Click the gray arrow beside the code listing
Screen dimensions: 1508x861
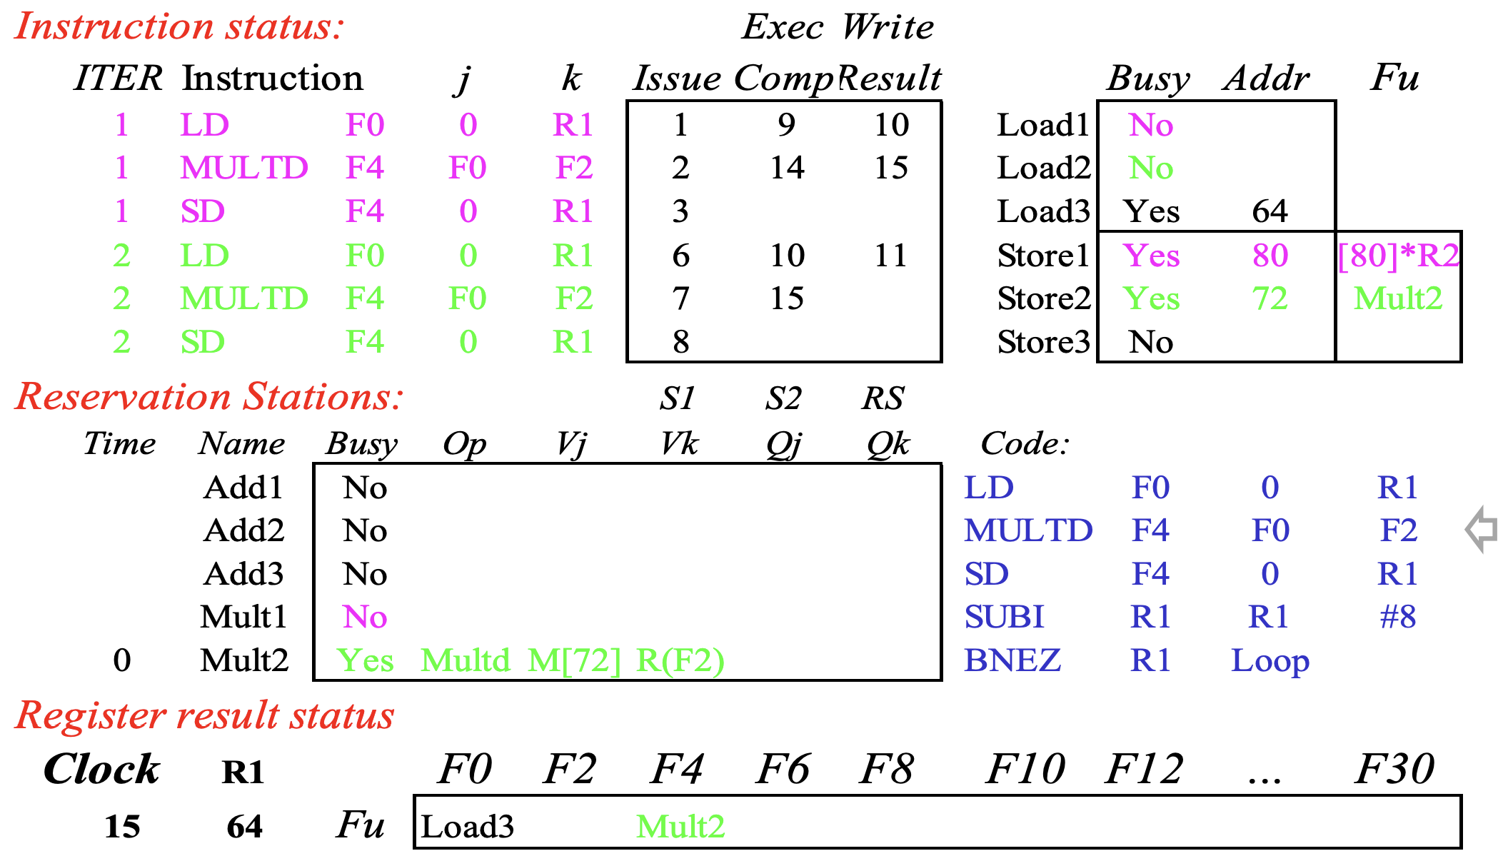point(1481,529)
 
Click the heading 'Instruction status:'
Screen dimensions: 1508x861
point(179,26)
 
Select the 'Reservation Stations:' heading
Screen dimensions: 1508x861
point(209,396)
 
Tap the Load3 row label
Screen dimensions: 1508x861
point(1043,211)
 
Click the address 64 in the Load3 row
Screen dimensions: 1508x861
point(1270,211)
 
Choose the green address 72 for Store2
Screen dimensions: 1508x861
point(1270,298)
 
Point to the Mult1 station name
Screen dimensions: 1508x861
point(243,617)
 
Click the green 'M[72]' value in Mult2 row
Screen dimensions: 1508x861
point(574,660)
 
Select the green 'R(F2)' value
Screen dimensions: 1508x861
point(680,660)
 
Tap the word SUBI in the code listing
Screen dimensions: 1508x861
point(1004,617)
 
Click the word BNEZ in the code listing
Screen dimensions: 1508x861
point(1012,660)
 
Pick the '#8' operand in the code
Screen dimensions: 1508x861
point(1398,617)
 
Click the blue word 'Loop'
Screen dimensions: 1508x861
point(1270,661)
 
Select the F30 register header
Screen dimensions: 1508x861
point(1394,769)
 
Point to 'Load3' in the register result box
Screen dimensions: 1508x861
point(468,827)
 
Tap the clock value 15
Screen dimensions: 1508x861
point(122,827)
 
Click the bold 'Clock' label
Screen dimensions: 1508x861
point(101,769)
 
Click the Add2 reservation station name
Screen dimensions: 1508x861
point(243,530)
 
